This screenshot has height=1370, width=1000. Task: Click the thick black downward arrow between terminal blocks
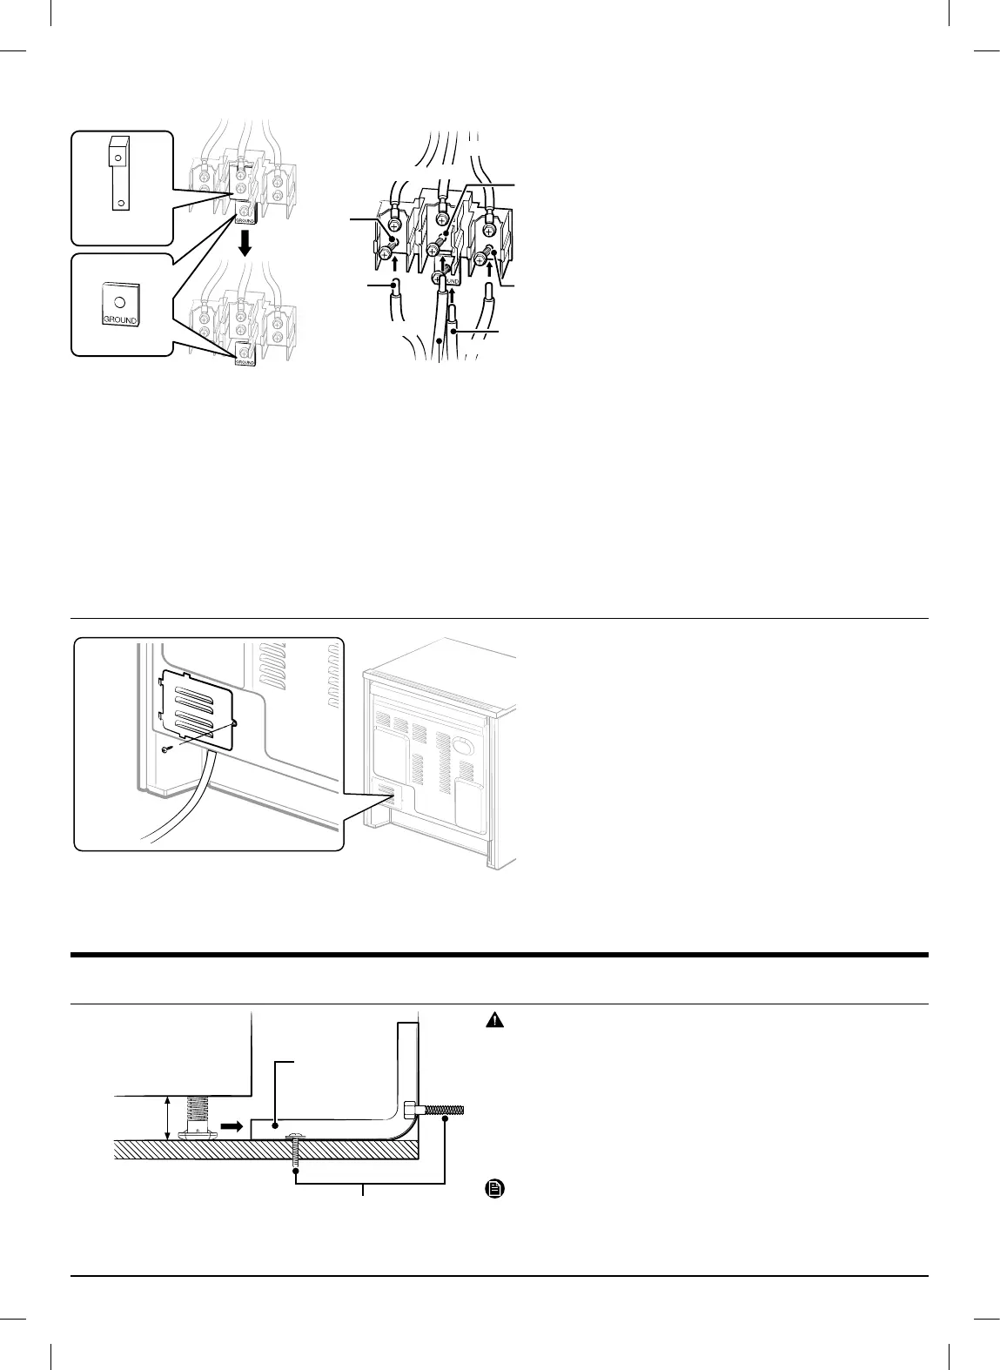(245, 243)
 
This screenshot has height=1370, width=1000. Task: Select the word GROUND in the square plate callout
(120, 320)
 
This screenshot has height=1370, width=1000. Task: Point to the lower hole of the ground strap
(120, 203)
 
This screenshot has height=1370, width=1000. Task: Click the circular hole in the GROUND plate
(120, 302)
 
